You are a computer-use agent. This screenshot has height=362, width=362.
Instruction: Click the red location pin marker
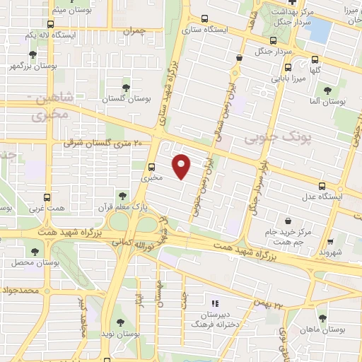pos(182,165)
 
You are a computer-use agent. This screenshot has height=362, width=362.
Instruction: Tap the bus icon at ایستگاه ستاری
pos(205,19)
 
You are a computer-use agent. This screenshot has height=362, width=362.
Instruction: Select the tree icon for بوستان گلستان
pos(126,88)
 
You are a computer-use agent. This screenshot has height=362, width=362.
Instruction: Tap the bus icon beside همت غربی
pos(47,198)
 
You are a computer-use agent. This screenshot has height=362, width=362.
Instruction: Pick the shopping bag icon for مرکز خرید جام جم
pos(288,221)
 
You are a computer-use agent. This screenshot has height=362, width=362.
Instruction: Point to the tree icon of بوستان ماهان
pos(322,319)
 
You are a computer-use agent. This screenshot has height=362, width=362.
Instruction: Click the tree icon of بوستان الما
pos(327,90)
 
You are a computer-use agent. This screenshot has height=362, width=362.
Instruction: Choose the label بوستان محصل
pos(28,262)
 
